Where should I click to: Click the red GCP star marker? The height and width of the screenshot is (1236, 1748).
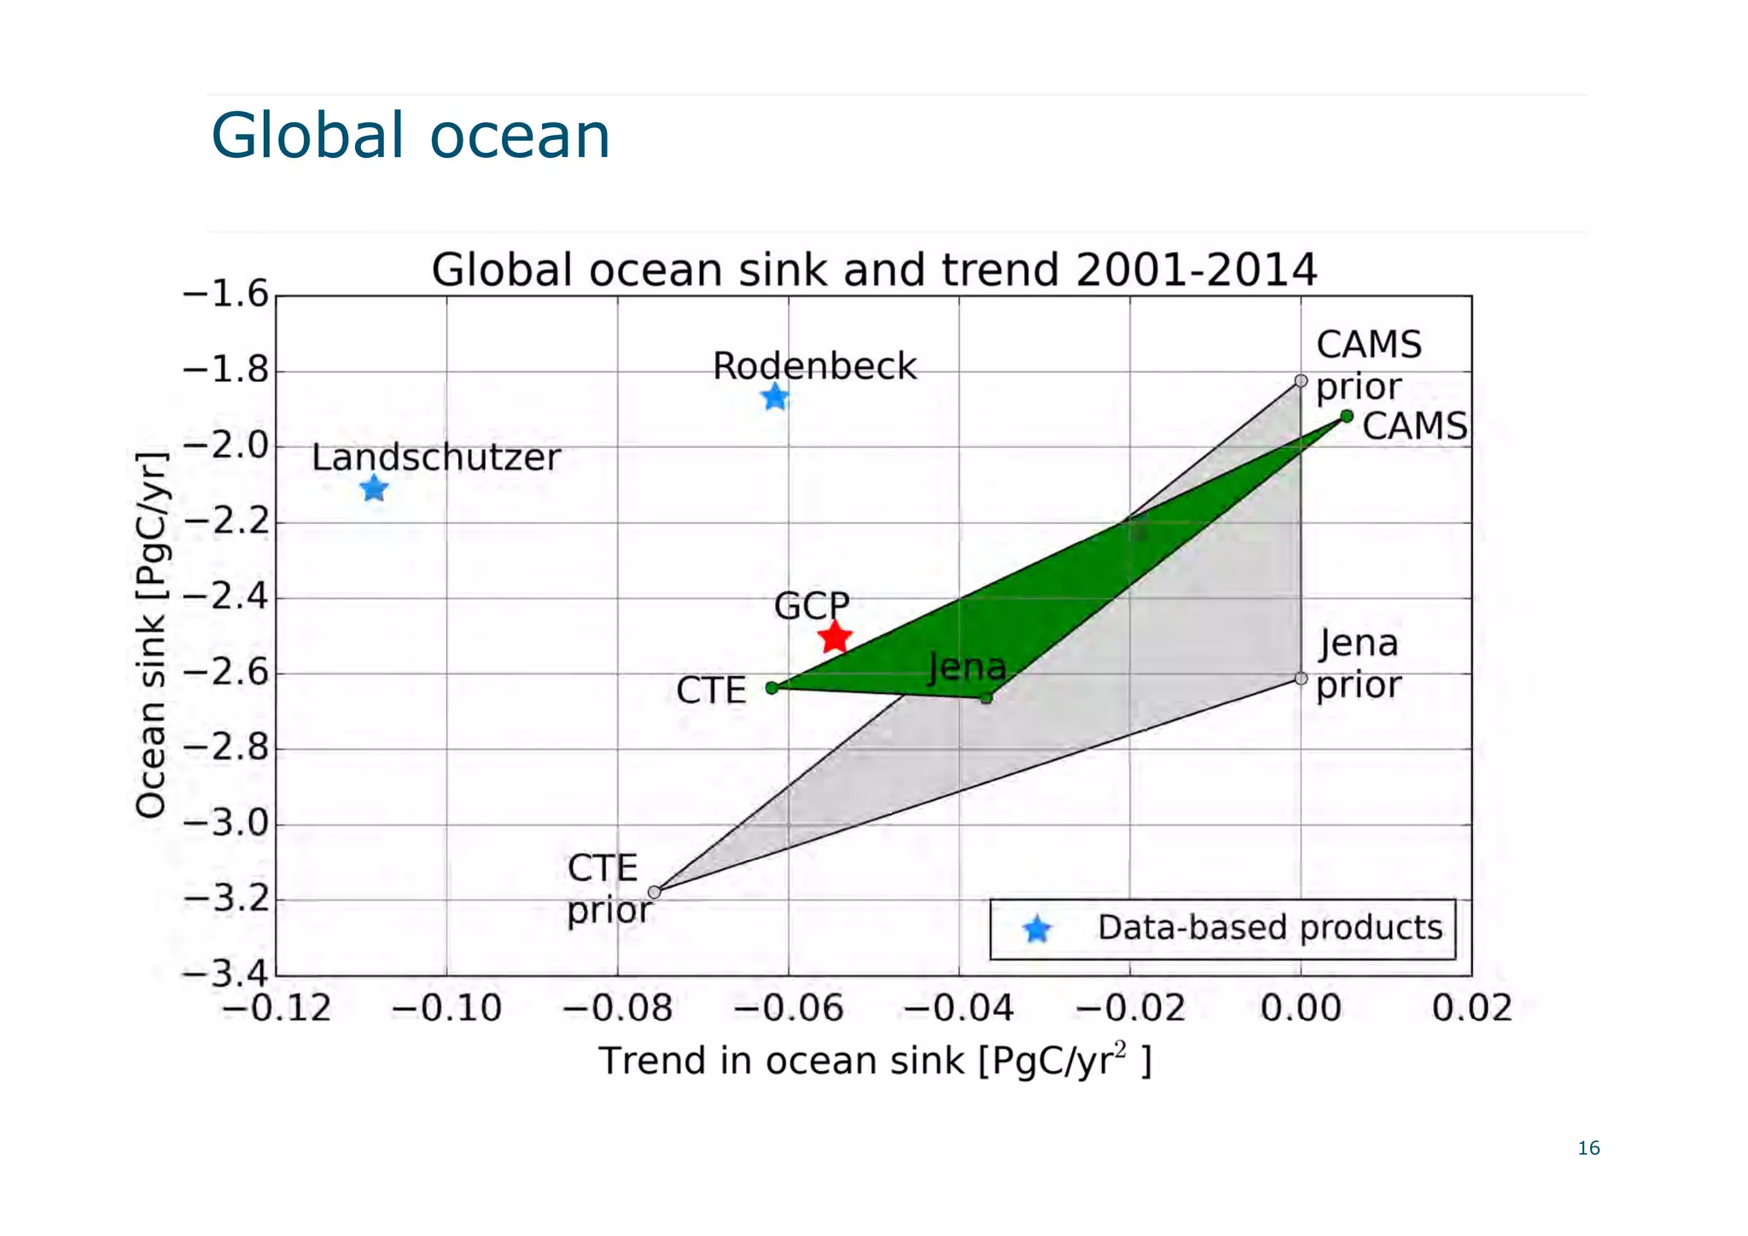pos(835,637)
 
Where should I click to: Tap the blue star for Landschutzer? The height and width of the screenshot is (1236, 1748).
pos(374,488)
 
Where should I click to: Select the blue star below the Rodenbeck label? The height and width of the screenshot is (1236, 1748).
pos(775,397)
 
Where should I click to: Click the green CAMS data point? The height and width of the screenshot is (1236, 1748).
pos(1347,417)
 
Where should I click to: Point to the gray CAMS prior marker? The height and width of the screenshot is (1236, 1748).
pos(1301,381)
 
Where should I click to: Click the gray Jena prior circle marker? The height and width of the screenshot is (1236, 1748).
pos(1301,679)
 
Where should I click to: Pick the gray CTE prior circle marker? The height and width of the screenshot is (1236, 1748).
pos(655,892)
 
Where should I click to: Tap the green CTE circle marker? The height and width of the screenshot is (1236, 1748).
pos(772,688)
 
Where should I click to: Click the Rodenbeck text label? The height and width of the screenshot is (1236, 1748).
pos(814,366)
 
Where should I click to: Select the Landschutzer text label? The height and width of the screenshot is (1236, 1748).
pos(436,458)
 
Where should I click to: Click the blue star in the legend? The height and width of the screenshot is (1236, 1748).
pos(1037,929)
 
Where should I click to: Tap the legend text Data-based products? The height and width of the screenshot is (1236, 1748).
pos(1269,928)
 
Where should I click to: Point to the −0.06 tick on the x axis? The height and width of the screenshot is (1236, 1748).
pos(788,1009)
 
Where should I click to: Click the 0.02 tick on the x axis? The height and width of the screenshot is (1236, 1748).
pos(1471,1009)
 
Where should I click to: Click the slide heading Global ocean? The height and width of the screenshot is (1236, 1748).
pos(411,136)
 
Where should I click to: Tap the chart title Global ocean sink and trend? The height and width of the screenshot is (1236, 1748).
pos(873,270)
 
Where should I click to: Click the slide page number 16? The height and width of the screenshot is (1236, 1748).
pos(1588,1148)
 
